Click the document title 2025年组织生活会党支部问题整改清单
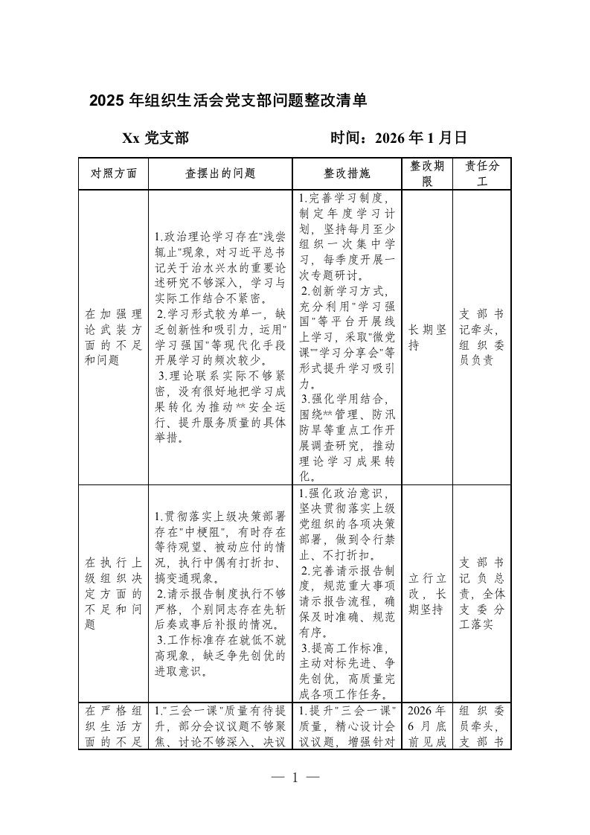(x=228, y=101)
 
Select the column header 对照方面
(x=113, y=173)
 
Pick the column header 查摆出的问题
(x=220, y=173)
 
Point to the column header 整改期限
(x=426, y=173)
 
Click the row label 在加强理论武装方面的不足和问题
(x=113, y=336)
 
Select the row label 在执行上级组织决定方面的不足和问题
(x=113, y=593)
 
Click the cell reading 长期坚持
(x=426, y=336)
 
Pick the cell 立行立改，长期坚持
(x=426, y=593)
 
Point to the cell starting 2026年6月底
(x=426, y=725)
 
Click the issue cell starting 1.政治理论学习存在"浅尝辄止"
(x=220, y=336)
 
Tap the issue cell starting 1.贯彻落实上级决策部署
(x=220, y=593)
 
